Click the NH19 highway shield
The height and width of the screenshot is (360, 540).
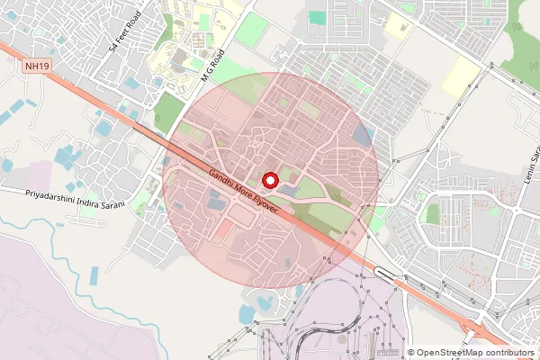coord(37,66)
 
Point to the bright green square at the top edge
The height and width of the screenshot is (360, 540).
coord(317,17)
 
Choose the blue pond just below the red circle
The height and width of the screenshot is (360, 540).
coord(247,314)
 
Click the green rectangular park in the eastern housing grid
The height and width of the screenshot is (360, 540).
coord(432,214)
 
